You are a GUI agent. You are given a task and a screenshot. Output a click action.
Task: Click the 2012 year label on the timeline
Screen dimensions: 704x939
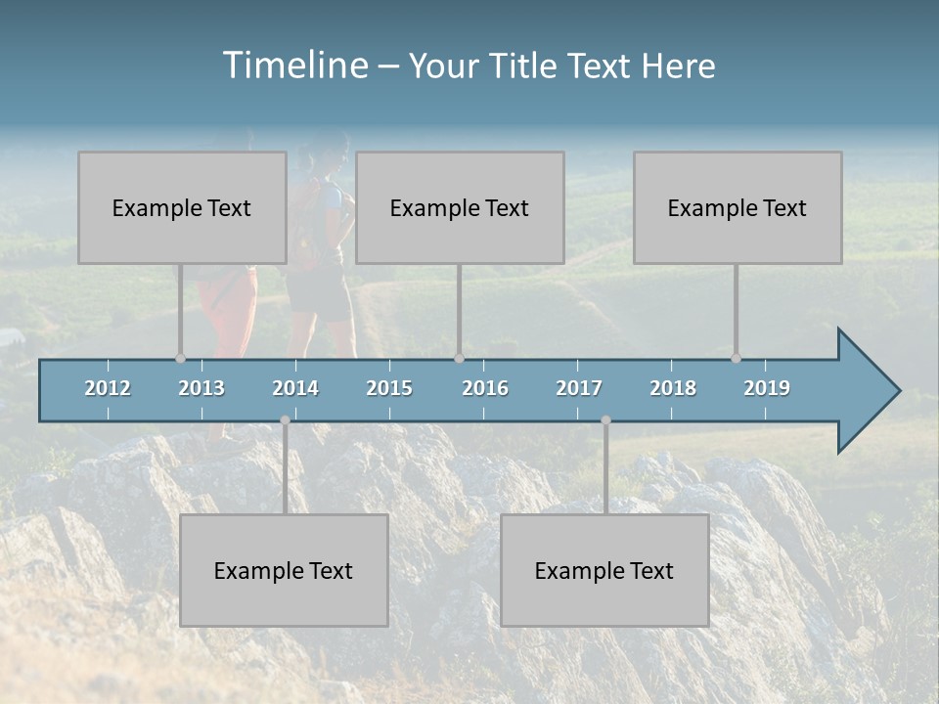coord(108,388)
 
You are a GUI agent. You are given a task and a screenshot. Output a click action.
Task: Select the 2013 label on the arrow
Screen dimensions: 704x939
coord(201,388)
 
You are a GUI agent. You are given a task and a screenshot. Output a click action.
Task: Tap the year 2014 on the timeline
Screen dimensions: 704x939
coord(295,388)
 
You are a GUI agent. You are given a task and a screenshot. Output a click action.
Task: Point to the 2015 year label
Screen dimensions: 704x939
coord(389,388)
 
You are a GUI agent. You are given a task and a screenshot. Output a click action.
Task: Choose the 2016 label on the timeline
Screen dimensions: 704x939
coord(485,388)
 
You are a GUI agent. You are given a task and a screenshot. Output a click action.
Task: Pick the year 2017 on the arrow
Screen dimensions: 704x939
coord(579,388)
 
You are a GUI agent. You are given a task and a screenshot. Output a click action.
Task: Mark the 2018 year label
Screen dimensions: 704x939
coord(673,388)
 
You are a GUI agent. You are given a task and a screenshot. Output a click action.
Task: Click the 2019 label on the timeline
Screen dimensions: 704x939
coord(767,388)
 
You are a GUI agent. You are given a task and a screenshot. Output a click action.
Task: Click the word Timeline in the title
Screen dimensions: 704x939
coord(293,66)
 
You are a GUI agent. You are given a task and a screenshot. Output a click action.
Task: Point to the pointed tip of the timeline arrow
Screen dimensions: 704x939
coord(897,391)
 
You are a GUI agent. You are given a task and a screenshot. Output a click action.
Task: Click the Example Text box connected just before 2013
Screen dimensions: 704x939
coord(182,207)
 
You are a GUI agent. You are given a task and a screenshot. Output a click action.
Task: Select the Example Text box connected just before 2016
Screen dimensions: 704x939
coord(460,207)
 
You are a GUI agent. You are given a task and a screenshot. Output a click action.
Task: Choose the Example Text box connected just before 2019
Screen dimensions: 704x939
coord(738,207)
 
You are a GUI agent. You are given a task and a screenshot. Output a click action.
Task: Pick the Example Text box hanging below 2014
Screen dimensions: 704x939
coord(284,570)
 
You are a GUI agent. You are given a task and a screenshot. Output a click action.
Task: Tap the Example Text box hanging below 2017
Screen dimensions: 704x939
coord(604,570)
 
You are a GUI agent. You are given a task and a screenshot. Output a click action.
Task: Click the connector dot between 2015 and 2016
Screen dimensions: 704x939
coord(460,358)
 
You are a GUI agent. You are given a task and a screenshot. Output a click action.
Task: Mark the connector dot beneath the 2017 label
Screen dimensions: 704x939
coord(605,419)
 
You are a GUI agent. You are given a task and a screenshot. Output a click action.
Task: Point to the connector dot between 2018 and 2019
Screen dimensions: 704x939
coord(737,358)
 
